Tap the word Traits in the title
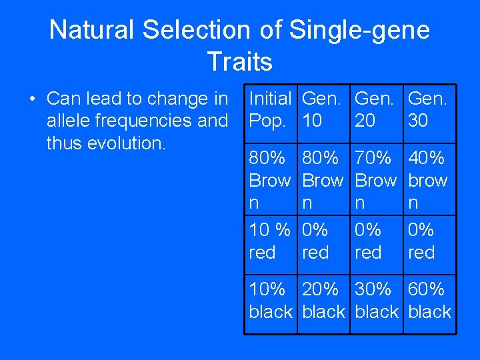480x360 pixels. pos(239,61)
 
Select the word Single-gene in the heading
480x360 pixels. pos(359,30)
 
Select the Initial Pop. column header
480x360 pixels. pos(270,110)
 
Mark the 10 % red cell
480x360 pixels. pos(270,241)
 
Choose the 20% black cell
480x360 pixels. pos(323,300)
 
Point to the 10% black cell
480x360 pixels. pos(270,300)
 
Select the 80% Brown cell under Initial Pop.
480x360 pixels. pos(270,180)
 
